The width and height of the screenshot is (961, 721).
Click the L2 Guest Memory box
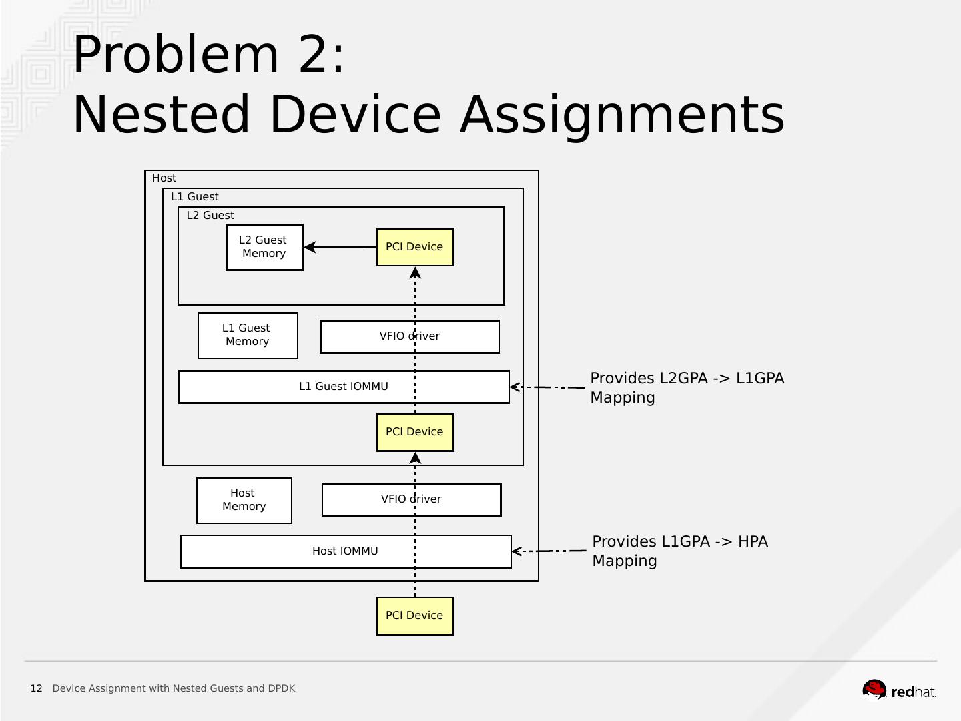[264, 247]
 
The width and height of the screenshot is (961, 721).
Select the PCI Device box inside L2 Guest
[414, 247]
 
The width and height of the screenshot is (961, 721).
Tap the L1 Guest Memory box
[248, 335]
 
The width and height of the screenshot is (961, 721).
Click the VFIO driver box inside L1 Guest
[374, 336]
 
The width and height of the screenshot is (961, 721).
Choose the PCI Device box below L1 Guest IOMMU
[414, 432]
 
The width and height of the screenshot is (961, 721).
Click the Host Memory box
[244, 500]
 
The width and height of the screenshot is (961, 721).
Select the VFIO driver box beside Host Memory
[374, 499]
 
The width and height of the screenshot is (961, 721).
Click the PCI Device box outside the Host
[414, 616]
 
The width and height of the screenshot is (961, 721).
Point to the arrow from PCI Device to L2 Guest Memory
[340, 247]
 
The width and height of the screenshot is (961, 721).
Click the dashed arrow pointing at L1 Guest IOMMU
[547, 387]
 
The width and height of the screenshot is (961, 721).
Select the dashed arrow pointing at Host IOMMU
[549, 551]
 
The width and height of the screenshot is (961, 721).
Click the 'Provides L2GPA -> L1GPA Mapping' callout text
[687, 387]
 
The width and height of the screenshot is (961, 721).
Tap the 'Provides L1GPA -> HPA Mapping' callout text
[679, 551]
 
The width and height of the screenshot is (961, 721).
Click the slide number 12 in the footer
[36, 688]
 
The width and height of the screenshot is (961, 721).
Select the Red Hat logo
[899, 690]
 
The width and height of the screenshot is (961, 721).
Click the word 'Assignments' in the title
[622, 114]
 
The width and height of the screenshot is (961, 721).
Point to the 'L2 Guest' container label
[210, 215]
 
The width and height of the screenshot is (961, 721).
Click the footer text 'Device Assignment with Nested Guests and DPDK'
[174, 688]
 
